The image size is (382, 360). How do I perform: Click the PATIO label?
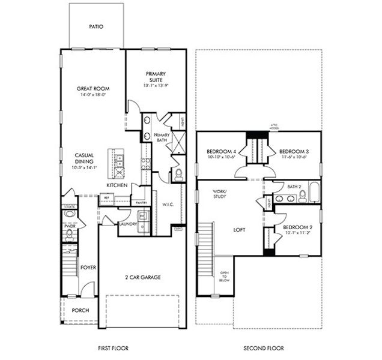click(x=95, y=26)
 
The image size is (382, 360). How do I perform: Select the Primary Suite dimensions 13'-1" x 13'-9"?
click(x=155, y=86)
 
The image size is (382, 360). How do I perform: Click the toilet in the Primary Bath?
click(x=178, y=175)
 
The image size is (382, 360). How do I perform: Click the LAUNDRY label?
click(x=128, y=224)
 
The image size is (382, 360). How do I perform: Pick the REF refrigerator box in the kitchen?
click(x=107, y=197)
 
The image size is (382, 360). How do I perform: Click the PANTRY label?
click(x=142, y=203)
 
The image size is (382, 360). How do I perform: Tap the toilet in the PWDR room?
click(x=69, y=233)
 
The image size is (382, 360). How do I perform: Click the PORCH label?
click(x=80, y=310)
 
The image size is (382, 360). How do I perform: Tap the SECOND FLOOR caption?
click(x=264, y=348)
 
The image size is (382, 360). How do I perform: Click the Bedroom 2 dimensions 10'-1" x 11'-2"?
click(x=297, y=234)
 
